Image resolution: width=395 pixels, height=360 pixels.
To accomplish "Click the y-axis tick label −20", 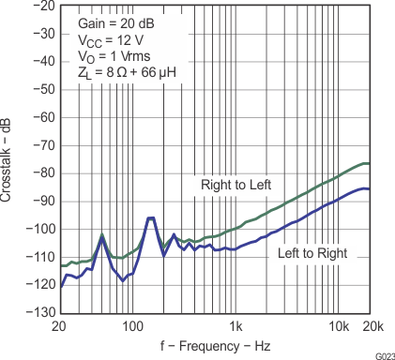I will [40, 6].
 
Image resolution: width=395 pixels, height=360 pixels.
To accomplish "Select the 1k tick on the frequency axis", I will [238, 325].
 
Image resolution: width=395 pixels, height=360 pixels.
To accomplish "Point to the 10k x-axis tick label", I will [339, 325].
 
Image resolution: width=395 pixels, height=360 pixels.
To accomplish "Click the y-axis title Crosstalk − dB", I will [8, 159].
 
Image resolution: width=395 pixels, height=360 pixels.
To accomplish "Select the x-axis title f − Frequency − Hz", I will [217, 345].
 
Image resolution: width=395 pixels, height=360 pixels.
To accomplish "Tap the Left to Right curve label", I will [312, 254].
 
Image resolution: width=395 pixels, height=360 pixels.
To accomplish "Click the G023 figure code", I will [381, 355].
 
